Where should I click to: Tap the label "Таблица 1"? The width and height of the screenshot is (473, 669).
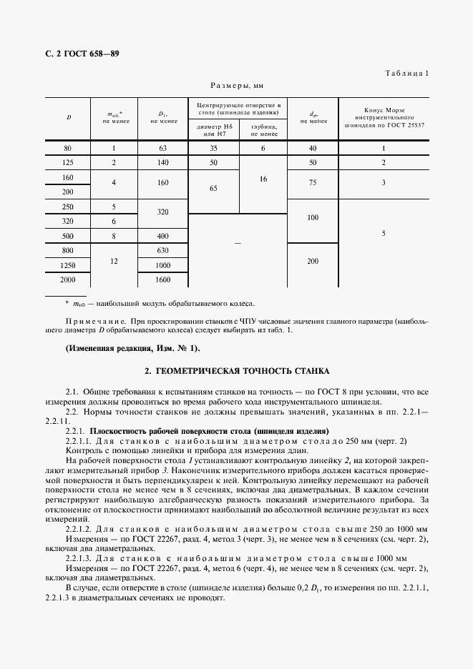coord(406,74)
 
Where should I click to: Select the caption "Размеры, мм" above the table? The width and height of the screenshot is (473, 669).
coord(236,85)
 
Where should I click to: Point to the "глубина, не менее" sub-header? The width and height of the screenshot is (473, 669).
coord(263,129)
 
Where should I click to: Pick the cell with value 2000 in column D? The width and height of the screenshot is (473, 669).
coord(68,280)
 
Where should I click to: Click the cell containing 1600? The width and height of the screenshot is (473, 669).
coord(163,280)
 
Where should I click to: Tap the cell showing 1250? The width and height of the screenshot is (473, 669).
coord(68,265)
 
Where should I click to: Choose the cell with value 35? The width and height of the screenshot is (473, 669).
coord(213,149)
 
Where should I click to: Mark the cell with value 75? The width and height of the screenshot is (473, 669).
coord(313,182)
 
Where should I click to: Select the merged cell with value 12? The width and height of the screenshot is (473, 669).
coord(113,262)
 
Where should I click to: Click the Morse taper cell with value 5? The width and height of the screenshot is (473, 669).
coord(384,233)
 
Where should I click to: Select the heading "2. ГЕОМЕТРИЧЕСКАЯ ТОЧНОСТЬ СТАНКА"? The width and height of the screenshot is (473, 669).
coord(236,372)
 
